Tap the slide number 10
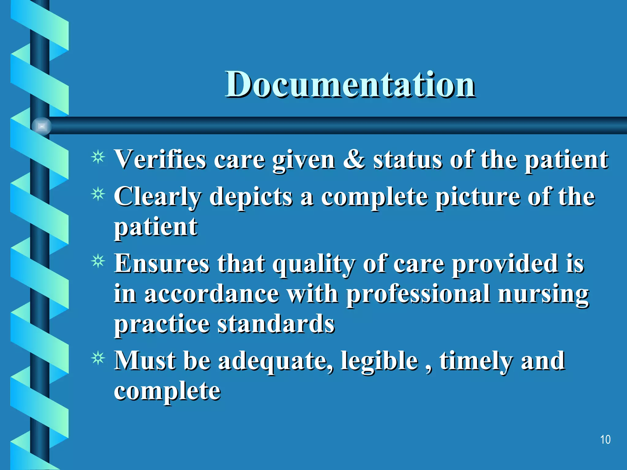605,439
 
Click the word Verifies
160,160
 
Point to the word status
407,160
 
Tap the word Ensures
162,264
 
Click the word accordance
212,294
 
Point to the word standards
276,324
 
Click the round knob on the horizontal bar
42,126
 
